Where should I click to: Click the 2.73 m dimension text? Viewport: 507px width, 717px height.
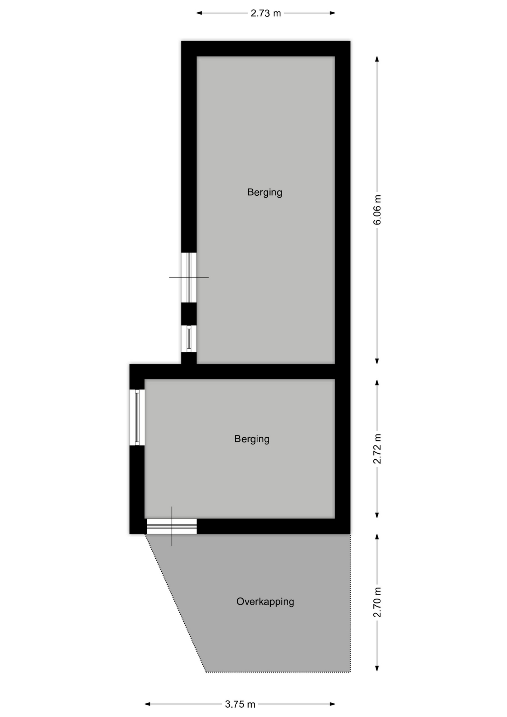coord(265,13)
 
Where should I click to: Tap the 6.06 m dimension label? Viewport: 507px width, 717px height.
coord(377,210)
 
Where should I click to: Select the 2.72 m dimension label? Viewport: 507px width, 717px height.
coord(377,449)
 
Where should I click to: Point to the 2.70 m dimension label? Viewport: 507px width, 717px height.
coord(377,602)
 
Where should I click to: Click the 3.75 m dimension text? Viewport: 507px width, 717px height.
coord(240,704)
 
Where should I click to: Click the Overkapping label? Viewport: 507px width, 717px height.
coord(265,602)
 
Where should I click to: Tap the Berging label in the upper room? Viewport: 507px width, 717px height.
coord(265,192)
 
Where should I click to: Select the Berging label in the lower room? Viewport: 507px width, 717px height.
coord(252,439)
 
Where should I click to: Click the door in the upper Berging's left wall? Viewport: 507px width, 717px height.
coord(189,277)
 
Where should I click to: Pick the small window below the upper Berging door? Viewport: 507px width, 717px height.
coord(189,339)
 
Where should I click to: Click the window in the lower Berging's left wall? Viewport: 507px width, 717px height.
coord(137,418)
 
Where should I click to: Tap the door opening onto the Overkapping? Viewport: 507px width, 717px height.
coord(172,527)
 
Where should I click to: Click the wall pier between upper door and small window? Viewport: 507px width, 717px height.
coord(189,314)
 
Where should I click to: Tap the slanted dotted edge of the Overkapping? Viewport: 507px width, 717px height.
coord(175,603)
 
